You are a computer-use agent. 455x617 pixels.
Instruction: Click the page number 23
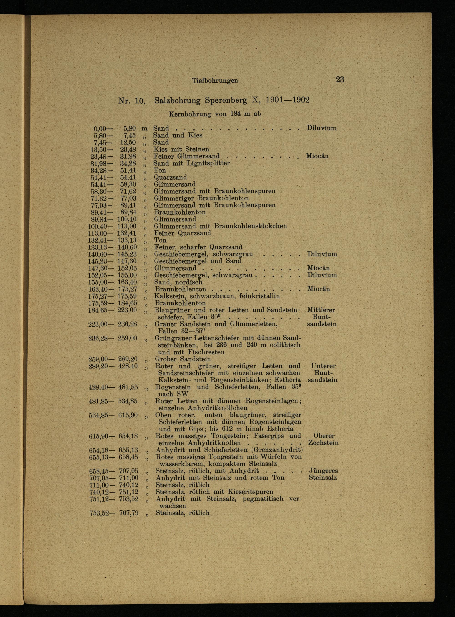point(340,80)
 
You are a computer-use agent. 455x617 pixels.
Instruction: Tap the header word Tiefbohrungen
point(215,81)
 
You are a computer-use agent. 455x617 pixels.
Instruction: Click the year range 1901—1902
point(288,100)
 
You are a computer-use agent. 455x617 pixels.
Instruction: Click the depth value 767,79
point(129,513)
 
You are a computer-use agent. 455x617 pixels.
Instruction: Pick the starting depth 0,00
point(100,128)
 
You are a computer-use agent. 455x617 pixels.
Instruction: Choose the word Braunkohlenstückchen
point(250,226)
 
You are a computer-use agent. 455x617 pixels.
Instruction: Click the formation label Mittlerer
point(321,310)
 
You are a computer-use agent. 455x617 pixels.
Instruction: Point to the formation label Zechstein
point(323,443)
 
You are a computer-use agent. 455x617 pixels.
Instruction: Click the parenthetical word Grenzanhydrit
point(277,450)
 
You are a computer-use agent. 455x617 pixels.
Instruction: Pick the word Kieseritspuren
point(251,492)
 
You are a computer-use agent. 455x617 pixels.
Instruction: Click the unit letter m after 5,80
point(144,128)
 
